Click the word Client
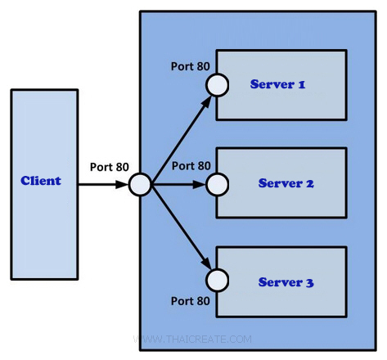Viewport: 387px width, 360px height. pos(41,180)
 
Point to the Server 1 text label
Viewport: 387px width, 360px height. pos(277,84)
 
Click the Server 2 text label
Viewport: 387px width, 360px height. pos(286,183)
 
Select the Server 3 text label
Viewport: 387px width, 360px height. pos(286,282)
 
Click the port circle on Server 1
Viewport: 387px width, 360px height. pos(217,84)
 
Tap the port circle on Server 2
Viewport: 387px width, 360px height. pos(217,184)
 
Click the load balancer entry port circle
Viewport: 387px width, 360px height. pos(140,184)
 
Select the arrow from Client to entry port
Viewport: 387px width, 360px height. pos(103,184)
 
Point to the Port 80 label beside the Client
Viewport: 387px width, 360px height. pos(109,166)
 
